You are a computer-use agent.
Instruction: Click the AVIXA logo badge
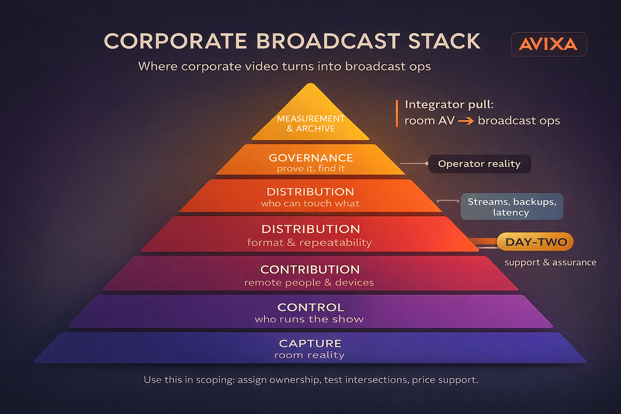549,44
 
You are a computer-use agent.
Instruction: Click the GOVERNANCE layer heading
310,158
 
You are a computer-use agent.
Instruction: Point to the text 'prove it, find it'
310,169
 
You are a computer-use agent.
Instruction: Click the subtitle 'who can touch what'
310,203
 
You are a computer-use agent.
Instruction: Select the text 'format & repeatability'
309,243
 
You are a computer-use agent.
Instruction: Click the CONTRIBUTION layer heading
310,269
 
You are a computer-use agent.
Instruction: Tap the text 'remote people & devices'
309,283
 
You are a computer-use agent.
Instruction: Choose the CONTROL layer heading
310,307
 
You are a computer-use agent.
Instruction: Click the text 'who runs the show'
309,319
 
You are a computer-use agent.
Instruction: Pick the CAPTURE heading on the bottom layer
310,343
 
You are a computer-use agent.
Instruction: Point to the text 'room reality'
309,355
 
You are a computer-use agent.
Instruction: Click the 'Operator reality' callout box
479,164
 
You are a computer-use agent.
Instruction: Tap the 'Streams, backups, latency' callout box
511,207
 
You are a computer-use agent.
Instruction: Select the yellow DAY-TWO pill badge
535,242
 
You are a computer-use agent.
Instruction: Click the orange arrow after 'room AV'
466,120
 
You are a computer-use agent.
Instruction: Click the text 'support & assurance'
550,262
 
